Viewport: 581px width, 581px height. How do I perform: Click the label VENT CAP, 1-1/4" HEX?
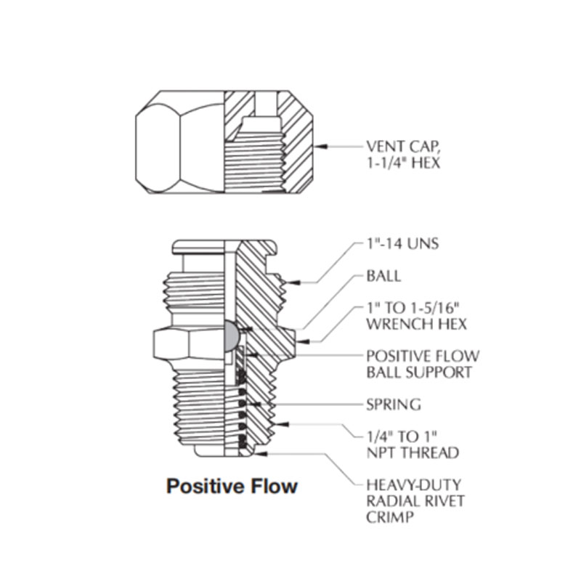(404, 155)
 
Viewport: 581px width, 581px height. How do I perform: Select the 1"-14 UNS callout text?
(403, 244)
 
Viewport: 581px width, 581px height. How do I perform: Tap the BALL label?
(383, 276)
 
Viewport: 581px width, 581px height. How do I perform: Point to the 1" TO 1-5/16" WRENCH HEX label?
(416, 316)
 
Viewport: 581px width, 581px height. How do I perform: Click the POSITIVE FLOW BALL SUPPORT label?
(423, 365)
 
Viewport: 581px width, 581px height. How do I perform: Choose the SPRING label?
(394, 405)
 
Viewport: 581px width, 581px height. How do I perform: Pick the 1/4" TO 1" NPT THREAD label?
(413, 444)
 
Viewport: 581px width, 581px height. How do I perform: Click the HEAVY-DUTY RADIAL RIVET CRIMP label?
(415, 501)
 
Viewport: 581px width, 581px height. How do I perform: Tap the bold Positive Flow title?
(232, 486)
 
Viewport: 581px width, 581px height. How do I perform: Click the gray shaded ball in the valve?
(231, 336)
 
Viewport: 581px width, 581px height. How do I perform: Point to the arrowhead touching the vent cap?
(320, 147)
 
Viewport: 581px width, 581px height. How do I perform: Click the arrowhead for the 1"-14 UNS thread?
(293, 283)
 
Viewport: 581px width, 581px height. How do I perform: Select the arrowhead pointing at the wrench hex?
(303, 341)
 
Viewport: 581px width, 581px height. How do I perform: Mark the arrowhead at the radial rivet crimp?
(261, 453)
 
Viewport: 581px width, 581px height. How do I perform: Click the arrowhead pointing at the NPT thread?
(283, 424)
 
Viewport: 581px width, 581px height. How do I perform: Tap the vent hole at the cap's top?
(266, 104)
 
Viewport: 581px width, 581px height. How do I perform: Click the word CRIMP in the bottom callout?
(390, 517)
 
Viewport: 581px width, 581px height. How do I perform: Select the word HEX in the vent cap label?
(426, 163)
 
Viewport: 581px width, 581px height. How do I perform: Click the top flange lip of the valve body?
(224, 247)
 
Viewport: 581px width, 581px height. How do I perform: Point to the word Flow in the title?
(275, 486)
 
